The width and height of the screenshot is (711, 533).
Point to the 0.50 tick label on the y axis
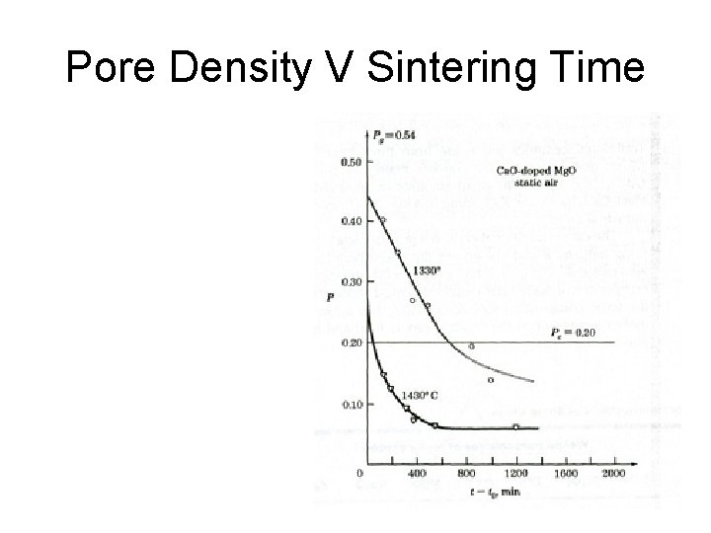click(x=350, y=161)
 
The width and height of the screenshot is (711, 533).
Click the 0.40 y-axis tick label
click(x=350, y=221)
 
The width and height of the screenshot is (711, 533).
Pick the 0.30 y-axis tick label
click(x=350, y=281)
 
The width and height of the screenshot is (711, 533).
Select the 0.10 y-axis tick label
click(x=350, y=404)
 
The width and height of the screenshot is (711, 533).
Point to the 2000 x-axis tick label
click(x=614, y=473)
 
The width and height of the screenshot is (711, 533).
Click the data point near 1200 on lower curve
click(x=515, y=426)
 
